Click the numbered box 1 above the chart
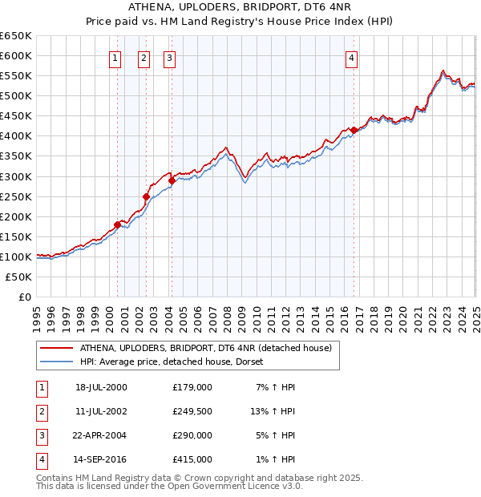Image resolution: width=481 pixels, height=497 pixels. click(x=115, y=57)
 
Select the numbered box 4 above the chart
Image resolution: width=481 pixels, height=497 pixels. click(x=352, y=57)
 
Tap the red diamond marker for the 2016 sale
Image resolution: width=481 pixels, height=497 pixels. click(x=354, y=130)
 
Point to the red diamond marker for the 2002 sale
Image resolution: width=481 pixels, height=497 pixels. click(x=146, y=196)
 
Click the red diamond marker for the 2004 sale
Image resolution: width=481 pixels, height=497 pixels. click(x=172, y=180)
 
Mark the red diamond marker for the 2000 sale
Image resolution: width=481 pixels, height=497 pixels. click(x=117, y=224)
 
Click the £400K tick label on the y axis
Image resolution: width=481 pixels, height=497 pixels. click(x=15, y=136)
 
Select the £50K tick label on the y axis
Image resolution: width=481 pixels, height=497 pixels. click(x=18, y=277)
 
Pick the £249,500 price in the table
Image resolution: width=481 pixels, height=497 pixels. click(x=192, y=411)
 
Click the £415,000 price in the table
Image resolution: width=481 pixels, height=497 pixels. click(x=192, y=459)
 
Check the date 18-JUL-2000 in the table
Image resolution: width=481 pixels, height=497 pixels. click(x=101, y=387)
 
